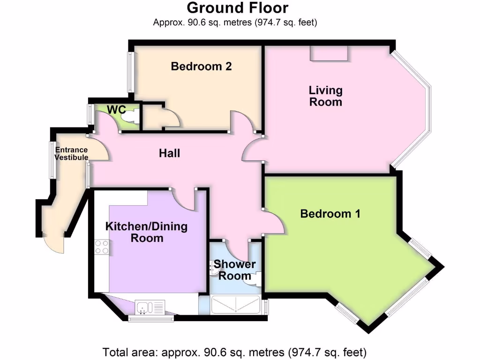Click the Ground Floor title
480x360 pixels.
tap(238, 8)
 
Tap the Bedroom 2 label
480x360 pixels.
tap(201, 67)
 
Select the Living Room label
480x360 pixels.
tap(325, 96)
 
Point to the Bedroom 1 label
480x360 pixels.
tap(330, 214)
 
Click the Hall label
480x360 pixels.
tap(169, 153)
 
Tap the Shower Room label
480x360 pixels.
tap(235, 270)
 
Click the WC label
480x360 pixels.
tap(116, 109)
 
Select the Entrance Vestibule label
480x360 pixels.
tap(71, 154)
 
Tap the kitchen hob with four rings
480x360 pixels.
tap(102, 247)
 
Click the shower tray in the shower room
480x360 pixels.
tap(236, 305)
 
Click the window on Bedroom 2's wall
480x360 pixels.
tap(132, 71)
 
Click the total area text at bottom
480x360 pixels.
tap(234, 351)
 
